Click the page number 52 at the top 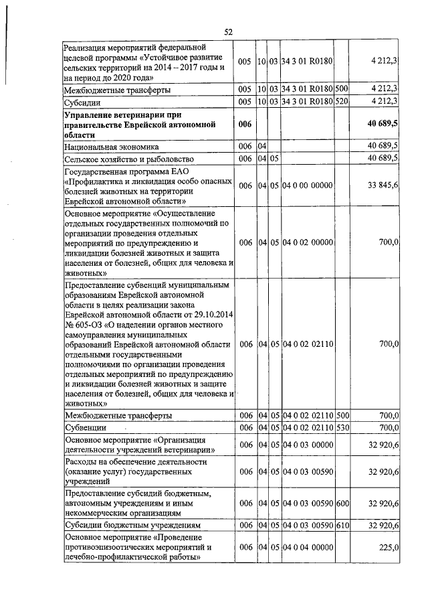click(228, 31)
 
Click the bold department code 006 click(244, 125)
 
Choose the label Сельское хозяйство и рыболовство click(128, 158)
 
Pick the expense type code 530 click(342, 427)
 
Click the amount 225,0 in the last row click(389, 547)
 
